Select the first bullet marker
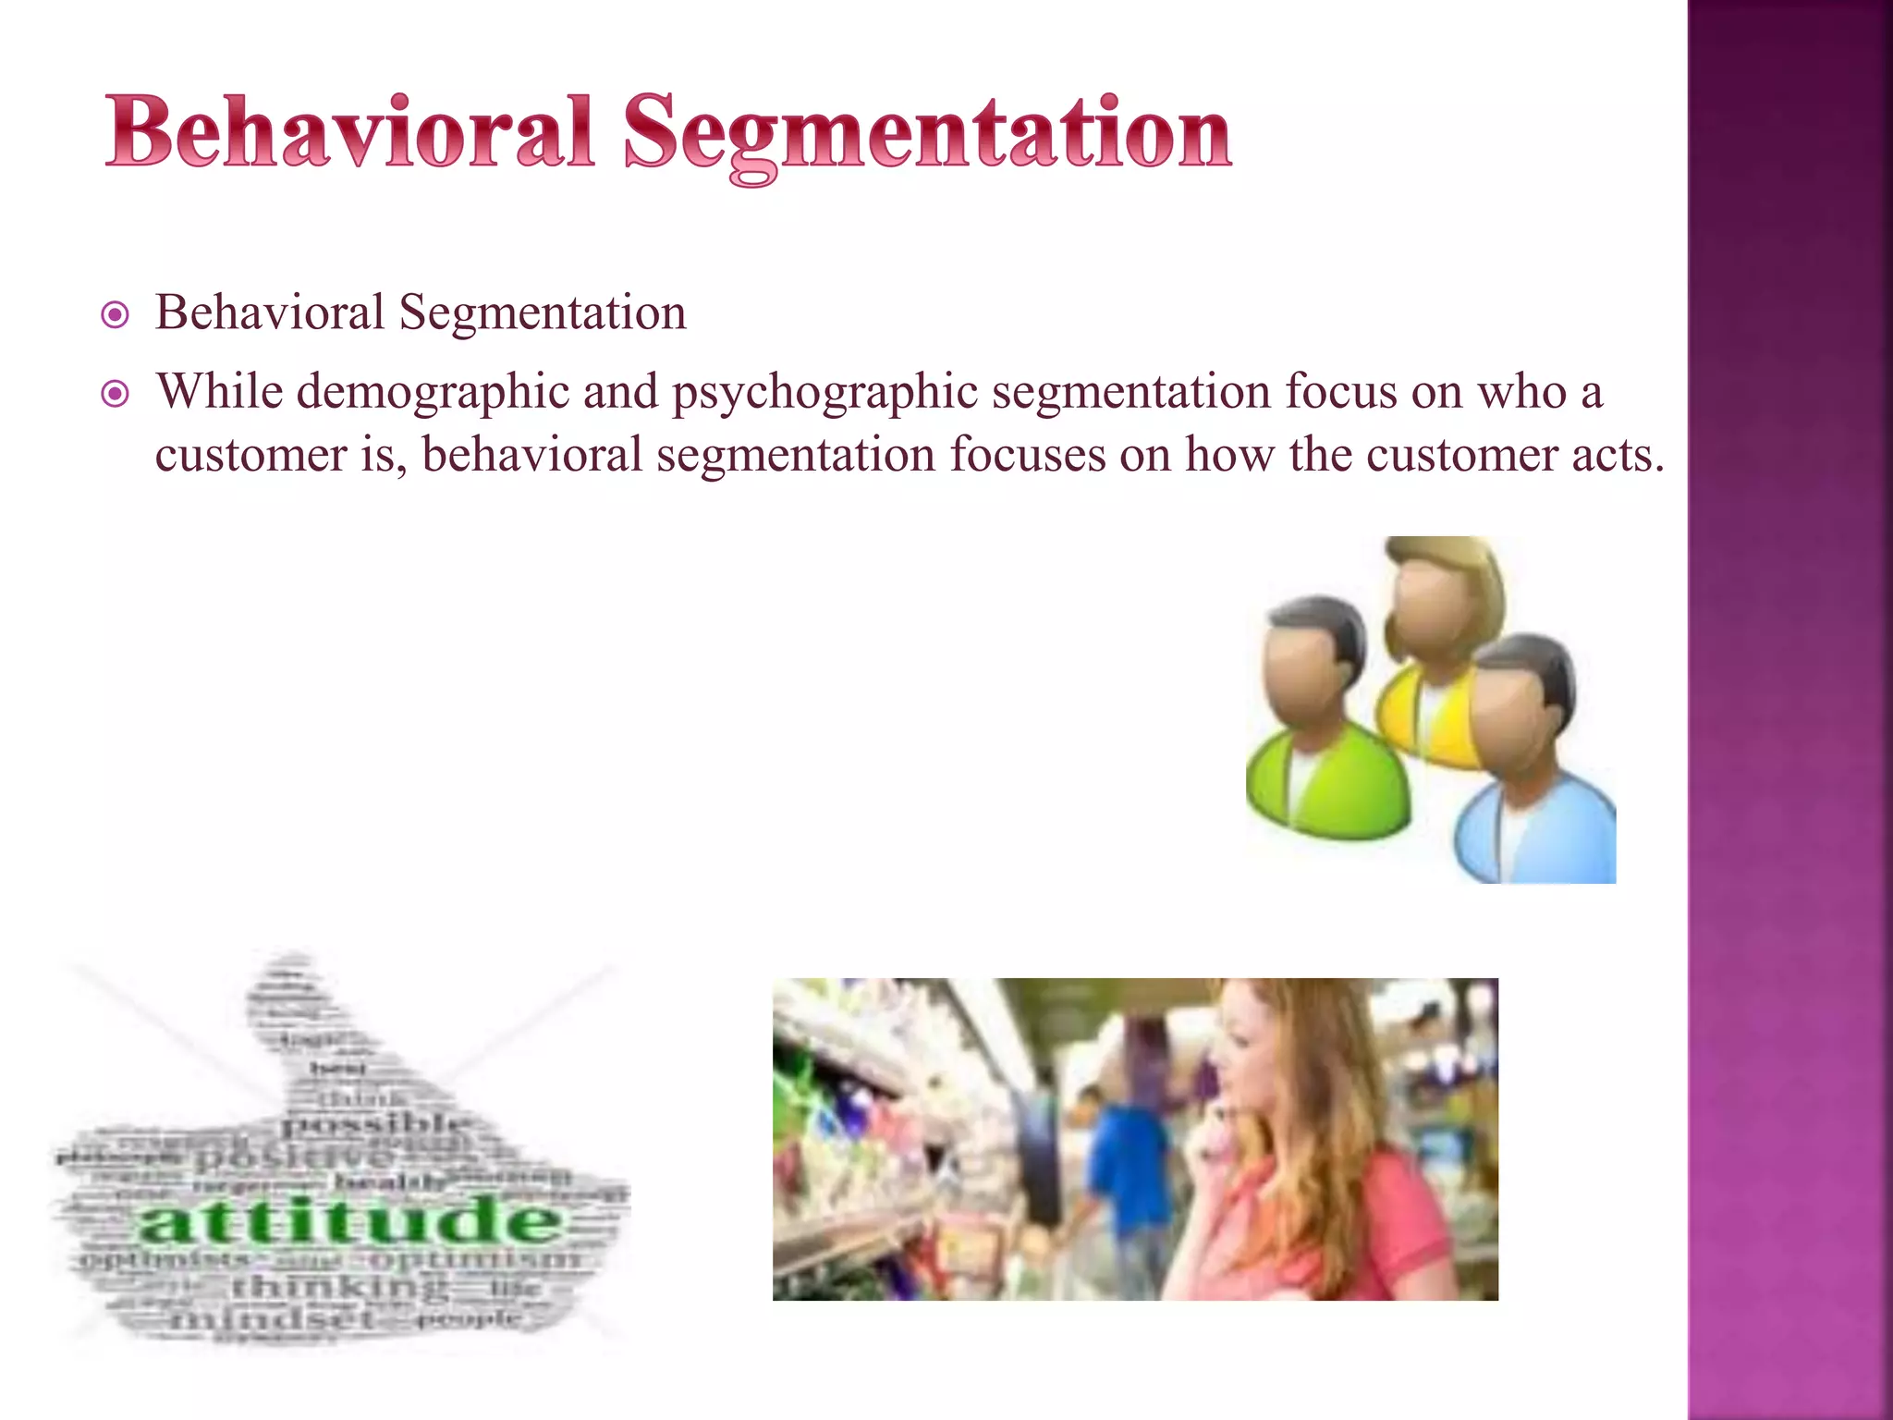115,316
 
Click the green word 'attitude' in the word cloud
349,1220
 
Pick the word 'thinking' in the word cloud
337,1286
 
